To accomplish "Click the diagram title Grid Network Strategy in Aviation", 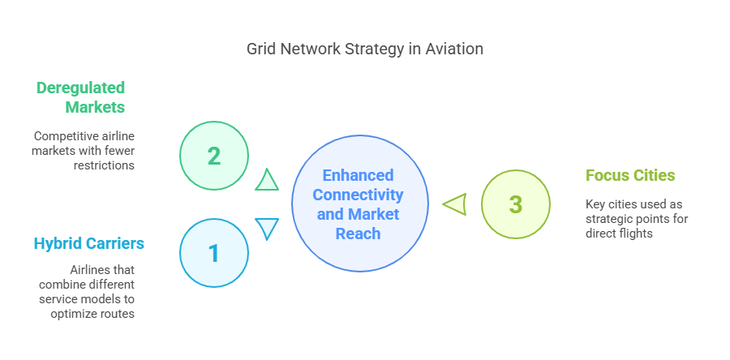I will (365, 49).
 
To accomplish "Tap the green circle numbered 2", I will (213, 156).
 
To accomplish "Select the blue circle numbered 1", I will (213, 253).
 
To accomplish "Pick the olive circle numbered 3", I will (515, 204).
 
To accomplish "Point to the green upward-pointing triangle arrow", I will (267, 180).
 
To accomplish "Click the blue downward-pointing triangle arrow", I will (267, 228).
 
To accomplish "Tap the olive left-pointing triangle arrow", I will (454, 204).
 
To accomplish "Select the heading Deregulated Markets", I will (81, 96).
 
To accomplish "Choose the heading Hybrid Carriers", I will (84, 243).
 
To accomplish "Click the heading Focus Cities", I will (630, 175).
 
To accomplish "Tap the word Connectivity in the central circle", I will (358, 195).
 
